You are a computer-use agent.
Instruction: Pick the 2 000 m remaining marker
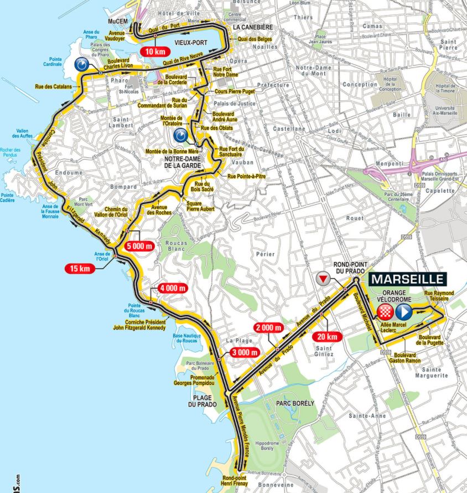tap(268, 327)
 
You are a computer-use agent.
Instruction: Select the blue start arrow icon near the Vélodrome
tap(402, 310)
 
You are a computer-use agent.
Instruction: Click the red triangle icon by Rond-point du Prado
tap(322, 278)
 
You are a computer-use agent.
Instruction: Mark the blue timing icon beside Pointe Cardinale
tap(81, 65)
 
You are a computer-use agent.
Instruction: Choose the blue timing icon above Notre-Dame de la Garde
tap(180, 136)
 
